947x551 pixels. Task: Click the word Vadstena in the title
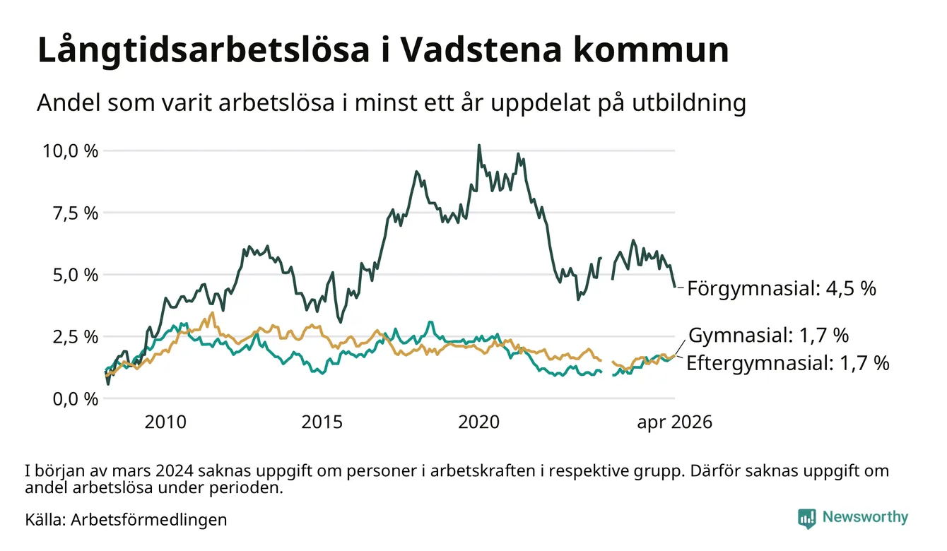click(481, 50)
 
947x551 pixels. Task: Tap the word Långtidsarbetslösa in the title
click(204, 51)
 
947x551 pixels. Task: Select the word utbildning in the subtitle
click(689, 103)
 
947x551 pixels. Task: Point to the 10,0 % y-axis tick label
click(70, 151)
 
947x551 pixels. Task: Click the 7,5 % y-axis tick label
click(75, 213)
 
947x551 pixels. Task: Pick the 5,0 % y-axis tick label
click(75, 275)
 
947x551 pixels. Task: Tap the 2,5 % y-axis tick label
click(75, 337)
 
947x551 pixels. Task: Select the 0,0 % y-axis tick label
click(75, 399)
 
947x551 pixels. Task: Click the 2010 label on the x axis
click(165, 422)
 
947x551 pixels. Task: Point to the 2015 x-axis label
click(322, 422)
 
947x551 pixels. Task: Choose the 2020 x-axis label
click(478, 422)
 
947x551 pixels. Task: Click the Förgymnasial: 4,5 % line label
click(782, 289)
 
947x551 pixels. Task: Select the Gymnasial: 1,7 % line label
click(769, 336)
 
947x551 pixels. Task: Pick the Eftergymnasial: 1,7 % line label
click(787, 364)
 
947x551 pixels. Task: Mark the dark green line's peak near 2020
click(479, 146)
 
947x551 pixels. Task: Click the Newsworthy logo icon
click(807, 519)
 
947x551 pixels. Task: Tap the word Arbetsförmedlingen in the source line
click(149, 520)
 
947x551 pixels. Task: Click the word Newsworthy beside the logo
click(865, 517)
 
